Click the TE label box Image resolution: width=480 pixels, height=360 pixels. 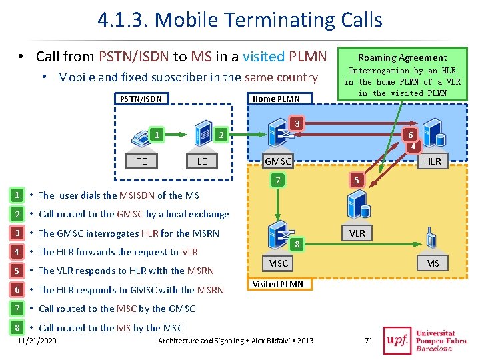(x=141, y=161)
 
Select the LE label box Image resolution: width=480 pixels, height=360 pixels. (x=202, y=161)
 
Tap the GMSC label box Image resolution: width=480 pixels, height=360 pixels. (x=278, y=161)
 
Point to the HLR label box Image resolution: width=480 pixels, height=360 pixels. (x=433, y=161)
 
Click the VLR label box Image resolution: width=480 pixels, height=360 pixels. (x=357, y=233)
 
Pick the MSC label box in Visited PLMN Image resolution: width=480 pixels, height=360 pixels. (x=277, y=263)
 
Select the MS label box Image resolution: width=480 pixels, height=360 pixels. (x=433, y=263)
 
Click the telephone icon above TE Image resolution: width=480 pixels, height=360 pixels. (x=141, y=138)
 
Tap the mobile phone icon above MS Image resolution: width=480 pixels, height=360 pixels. (x=431, y=237)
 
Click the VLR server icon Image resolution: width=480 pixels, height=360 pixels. (x=359, y=204)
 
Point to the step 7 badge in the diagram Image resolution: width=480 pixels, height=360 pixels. (x=277, y=180)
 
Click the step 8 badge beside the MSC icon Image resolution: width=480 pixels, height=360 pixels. (x=297, y=244)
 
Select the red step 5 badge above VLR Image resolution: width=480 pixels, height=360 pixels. (x=356, y=180)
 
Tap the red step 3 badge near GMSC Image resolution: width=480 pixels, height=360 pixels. (x=297, y=124)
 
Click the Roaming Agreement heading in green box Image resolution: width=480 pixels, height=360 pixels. (x=402, y=57)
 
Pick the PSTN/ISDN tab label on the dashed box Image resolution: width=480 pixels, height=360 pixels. (x=141, y=99)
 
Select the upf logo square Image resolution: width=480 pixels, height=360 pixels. (x=397, y=341)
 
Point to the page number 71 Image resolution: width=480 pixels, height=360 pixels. (x=369, y=341)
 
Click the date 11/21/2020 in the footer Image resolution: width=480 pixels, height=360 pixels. (x=37, y=341)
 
